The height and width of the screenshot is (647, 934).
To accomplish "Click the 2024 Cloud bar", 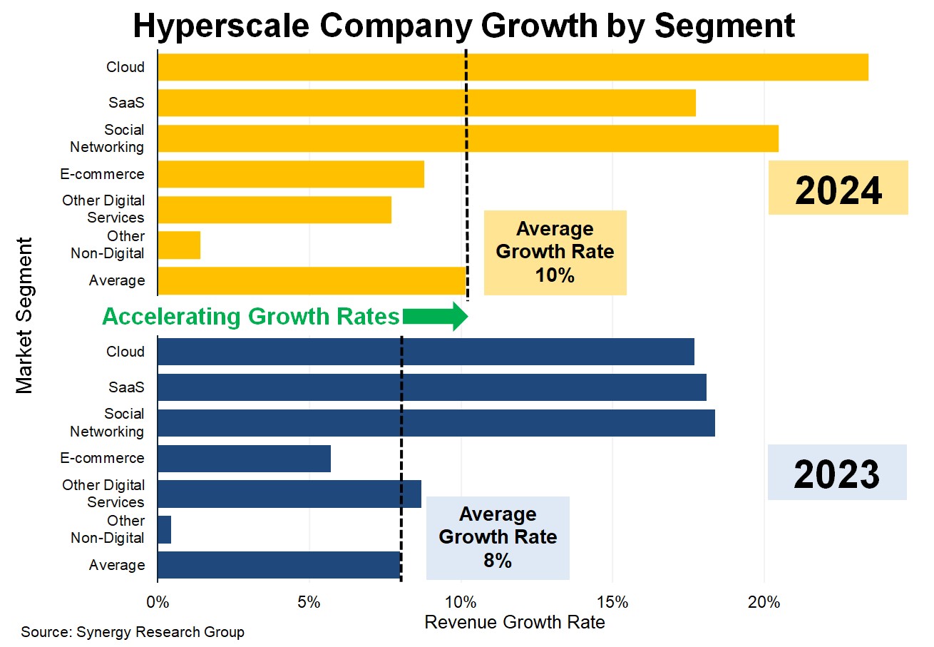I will (512, 67).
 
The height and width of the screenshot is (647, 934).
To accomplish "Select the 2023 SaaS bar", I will (431, 387).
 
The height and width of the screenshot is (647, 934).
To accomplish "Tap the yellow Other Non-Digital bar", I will (179, 245).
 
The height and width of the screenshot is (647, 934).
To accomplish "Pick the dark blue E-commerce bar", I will (244, 458).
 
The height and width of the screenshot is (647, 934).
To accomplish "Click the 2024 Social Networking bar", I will (467, 138).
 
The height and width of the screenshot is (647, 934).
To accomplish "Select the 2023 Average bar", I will (279, 564).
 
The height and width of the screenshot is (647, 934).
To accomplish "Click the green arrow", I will (435, 317).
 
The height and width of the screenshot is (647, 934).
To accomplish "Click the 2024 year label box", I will (838, 188).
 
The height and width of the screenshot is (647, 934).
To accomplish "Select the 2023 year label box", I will (836, 472).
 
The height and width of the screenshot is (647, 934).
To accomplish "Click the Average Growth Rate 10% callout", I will (555, 253).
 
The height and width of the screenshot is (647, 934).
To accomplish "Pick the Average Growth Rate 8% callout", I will (498, 537).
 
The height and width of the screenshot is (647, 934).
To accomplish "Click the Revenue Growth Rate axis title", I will (514, 622).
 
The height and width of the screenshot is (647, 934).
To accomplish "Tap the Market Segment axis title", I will (25, 316).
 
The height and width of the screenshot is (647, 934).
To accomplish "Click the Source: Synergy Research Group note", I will (133, 632).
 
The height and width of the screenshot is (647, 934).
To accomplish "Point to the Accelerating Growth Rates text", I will (251, 317).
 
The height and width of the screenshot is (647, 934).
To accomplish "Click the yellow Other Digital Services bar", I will (274, 209).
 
